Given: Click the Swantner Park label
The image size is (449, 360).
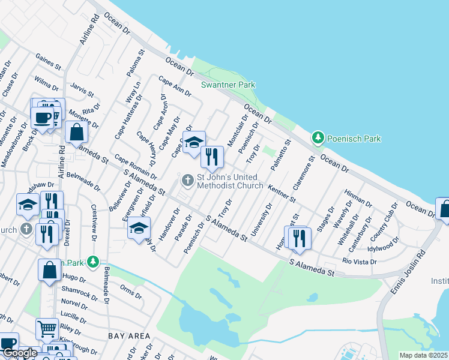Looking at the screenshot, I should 228,85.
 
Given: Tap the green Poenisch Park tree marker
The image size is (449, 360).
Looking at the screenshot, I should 318,138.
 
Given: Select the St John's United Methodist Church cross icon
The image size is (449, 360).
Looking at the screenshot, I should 188,179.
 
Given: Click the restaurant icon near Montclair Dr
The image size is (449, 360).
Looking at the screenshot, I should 212,157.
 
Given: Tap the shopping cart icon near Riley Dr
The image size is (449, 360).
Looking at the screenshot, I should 47,329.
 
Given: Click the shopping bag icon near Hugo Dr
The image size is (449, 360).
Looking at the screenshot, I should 49,270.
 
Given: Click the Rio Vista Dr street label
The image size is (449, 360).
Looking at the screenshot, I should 360,262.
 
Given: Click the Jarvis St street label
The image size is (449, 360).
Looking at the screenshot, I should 82,91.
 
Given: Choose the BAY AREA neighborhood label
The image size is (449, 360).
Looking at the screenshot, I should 129,336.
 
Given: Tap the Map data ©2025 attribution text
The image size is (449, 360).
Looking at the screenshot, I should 423,355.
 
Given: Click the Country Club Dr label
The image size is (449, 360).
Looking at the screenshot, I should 385,219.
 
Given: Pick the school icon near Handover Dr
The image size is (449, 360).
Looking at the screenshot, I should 139,228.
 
